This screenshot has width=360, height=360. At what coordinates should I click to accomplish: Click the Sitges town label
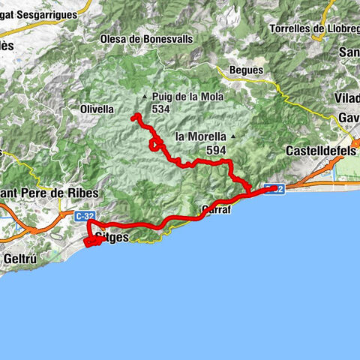[113, 238]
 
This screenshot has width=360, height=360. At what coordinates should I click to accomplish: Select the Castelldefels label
[321, 151]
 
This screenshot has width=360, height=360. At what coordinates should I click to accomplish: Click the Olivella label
[96, 109]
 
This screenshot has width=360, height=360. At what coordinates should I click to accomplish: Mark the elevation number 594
[216, 150]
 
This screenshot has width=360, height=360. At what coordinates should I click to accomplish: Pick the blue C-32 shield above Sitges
[84, 215]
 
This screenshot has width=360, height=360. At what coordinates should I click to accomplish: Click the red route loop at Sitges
[94, 241]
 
